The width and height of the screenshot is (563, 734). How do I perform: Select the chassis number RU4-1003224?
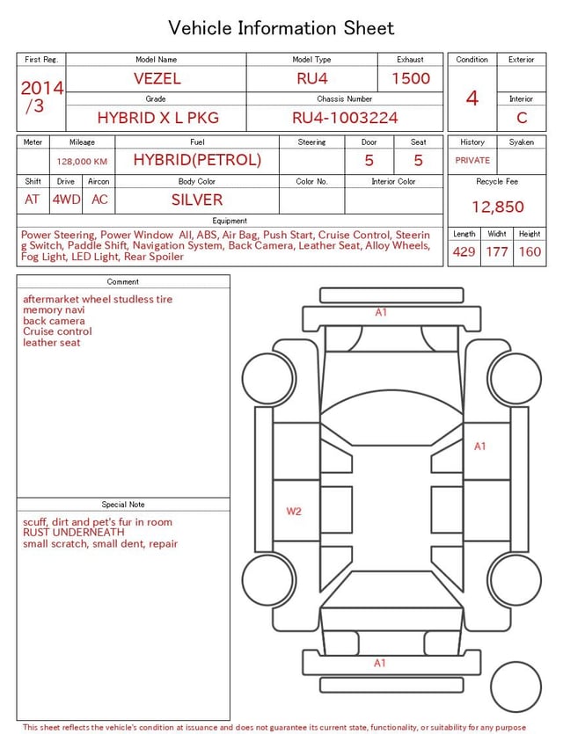(345, 118)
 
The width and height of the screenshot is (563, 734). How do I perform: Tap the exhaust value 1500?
(411, 78)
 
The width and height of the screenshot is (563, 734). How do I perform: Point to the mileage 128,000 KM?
(82, 162)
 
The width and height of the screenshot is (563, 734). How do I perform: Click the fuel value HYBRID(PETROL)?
(197, 160)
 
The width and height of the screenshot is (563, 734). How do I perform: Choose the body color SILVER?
(197, 200)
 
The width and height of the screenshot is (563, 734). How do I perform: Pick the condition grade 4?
(472, 98)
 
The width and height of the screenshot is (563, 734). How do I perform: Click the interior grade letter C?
(522, 118)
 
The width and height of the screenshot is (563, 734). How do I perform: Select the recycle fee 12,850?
(498, 207)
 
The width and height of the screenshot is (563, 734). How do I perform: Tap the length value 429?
(464, 252)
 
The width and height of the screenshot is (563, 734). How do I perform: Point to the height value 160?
(530, 252)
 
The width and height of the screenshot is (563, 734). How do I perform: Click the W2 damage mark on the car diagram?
(294, 511)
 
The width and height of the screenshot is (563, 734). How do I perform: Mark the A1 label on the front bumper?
(381, 312)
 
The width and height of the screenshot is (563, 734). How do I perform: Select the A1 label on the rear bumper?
(379, 663)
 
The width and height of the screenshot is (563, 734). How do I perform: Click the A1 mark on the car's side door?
(480, 447)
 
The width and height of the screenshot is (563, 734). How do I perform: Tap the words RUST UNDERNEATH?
(74, 533)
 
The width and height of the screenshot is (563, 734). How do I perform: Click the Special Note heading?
(123, 505)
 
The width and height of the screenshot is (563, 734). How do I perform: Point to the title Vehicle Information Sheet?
(281, 28)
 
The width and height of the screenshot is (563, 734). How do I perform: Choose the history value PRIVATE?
(472, 160)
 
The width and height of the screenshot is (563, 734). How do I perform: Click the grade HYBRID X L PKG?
(157, 118)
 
